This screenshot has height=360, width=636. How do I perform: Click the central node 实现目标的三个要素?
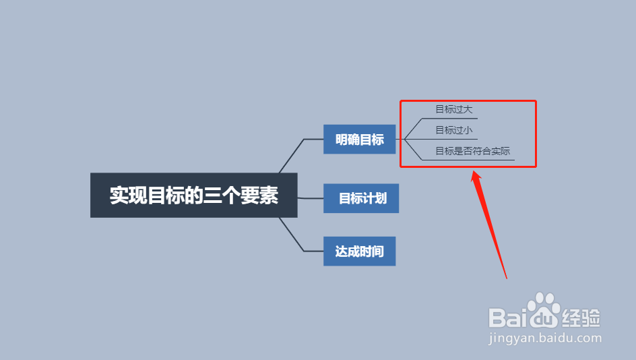[194, 196]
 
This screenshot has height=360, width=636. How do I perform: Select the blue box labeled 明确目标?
[359, 140]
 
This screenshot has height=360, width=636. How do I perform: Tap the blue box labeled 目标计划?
[361, 198]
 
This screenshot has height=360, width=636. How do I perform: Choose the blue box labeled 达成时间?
[359, 251]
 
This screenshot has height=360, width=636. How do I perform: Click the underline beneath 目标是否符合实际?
[468, 160]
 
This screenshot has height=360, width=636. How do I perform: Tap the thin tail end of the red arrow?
[506, 278]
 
